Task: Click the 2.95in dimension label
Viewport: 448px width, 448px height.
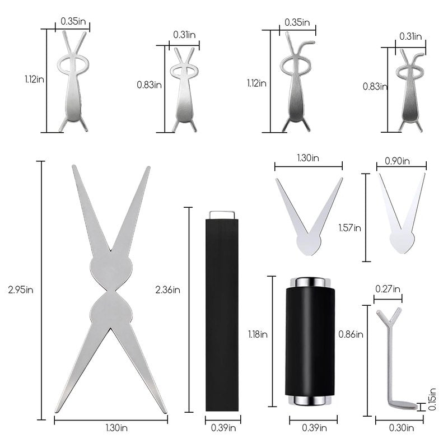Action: point(21,290)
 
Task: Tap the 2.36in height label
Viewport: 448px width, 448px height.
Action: point(167,290)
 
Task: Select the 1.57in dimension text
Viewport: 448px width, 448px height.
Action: point(349,228)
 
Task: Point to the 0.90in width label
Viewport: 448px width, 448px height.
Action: point(397,161)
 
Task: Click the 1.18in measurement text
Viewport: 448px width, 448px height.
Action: point(258,334)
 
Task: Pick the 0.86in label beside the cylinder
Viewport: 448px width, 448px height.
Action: point(351,334)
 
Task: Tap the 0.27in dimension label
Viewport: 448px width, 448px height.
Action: point(388,289)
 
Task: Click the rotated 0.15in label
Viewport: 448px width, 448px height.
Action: point(432,399)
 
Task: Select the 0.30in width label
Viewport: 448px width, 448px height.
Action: point(402,428)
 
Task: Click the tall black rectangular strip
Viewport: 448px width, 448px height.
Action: point(222,315)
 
